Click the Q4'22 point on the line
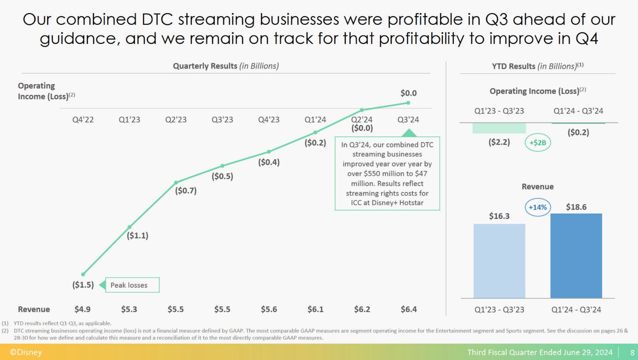coord(83,274)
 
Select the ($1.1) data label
coord(138,236)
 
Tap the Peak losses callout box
coord(132,285)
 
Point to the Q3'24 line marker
coord(408,103)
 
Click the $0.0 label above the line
coord(408,93)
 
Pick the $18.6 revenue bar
coord(576,256)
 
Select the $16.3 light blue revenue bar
coord(499,261)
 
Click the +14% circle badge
coord(538,207)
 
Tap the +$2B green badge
coord(538,143)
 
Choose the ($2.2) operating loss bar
coord(499,128)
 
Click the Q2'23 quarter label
coord(176,120)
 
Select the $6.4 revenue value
coord(409,309)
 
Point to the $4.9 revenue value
coord(83,309)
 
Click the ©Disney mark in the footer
coord(26,352)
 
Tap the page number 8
coord(632,352)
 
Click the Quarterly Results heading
coord(226,66)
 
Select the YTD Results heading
coord(538,66)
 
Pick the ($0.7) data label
coord(186,191)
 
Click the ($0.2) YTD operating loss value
coord(578,132)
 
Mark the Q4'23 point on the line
coord(269,151)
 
